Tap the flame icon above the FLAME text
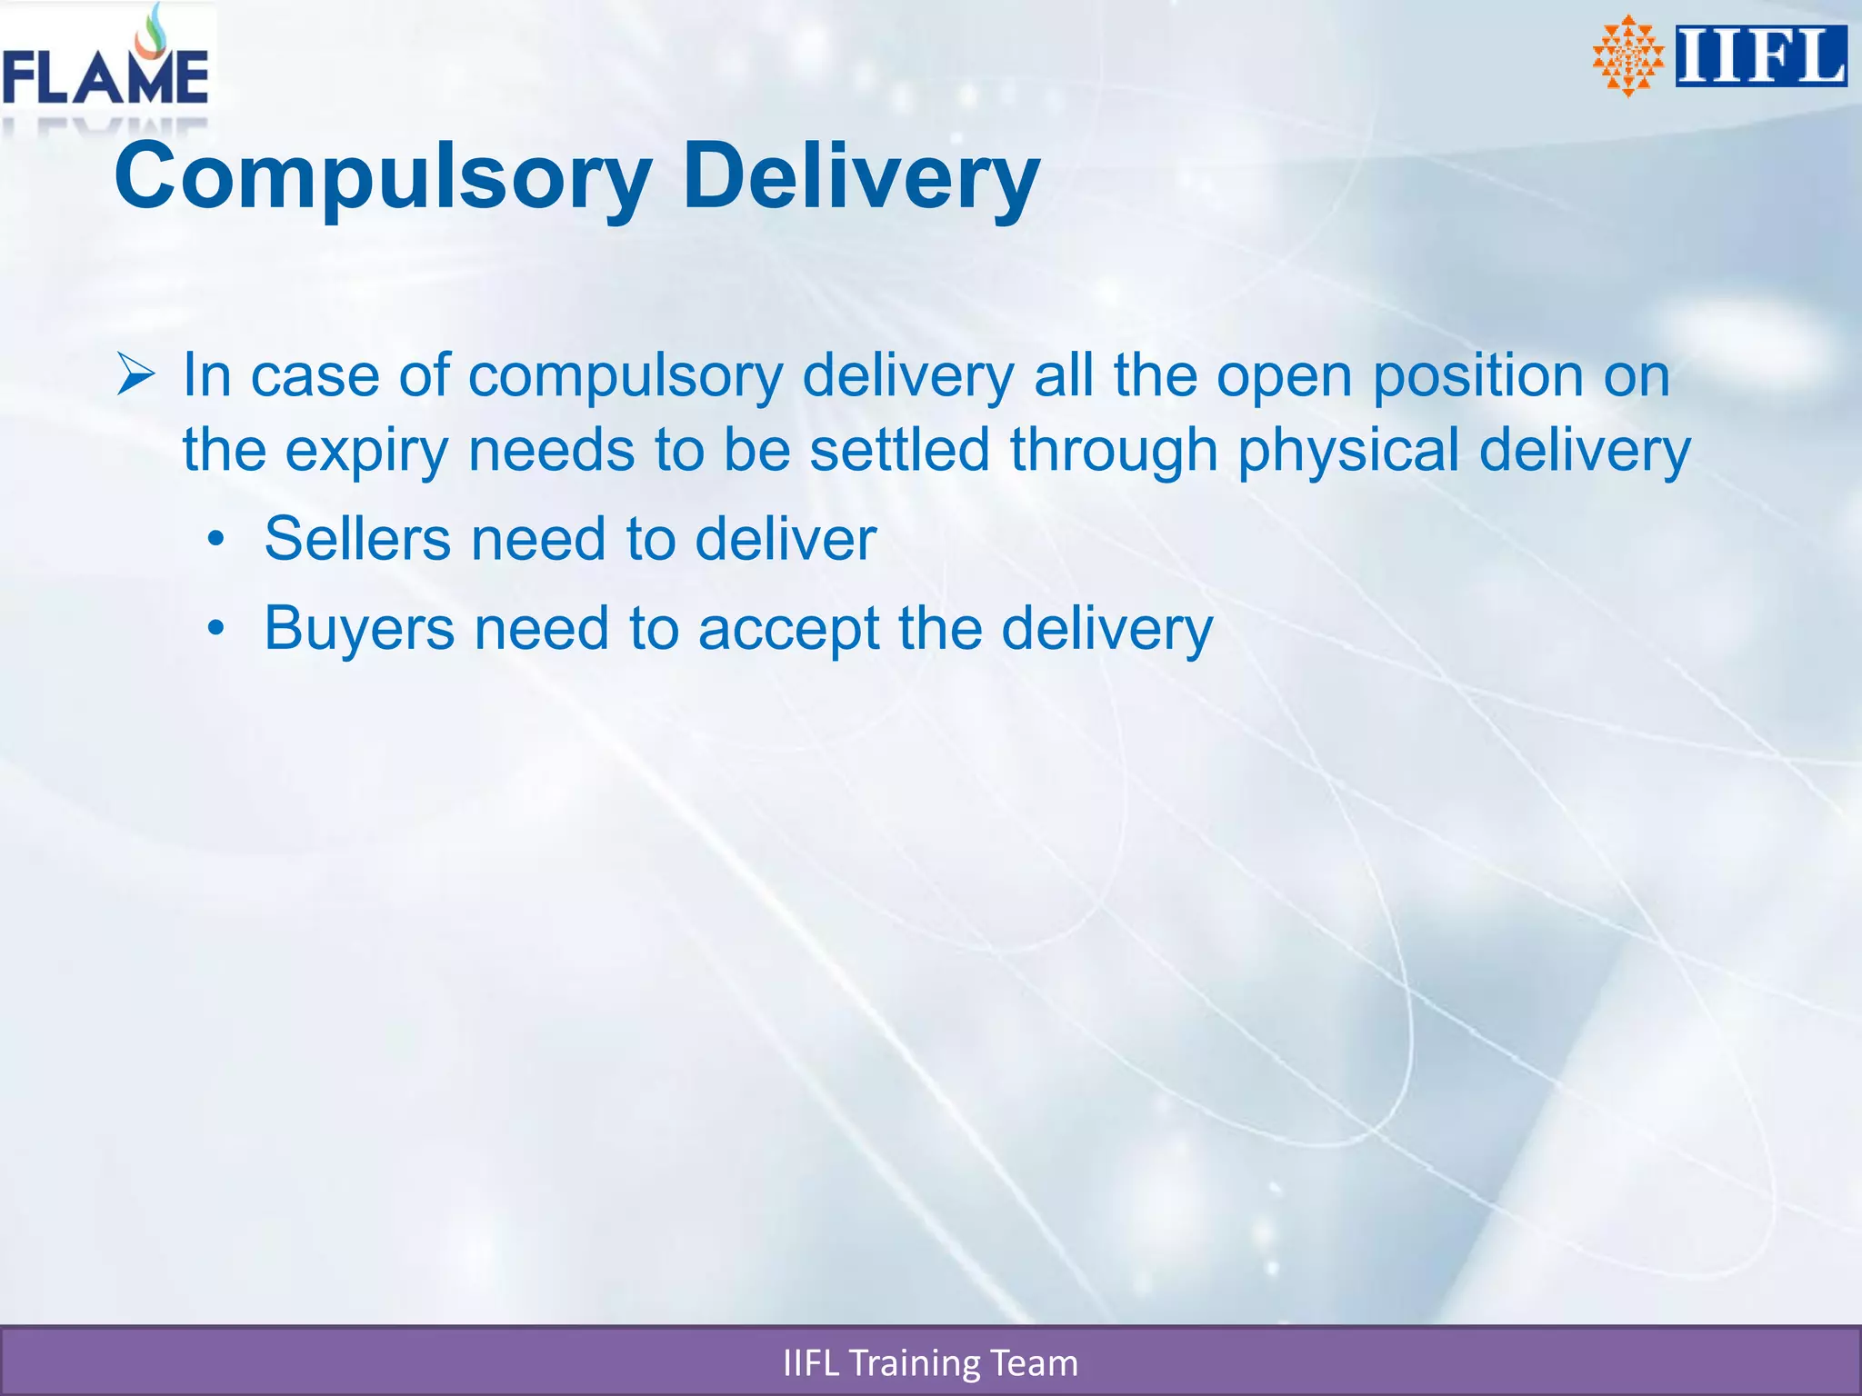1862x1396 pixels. click(155, 33)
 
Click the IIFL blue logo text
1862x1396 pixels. click(1760, 56)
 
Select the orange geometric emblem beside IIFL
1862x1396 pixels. click(1627, 56)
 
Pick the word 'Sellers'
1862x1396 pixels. click(357, 539)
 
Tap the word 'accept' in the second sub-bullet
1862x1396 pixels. click(788, 629)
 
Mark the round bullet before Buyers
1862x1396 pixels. click(215, 629)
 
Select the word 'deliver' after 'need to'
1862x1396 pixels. click(786, 539)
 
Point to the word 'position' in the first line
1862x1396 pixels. click(1477, 375)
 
